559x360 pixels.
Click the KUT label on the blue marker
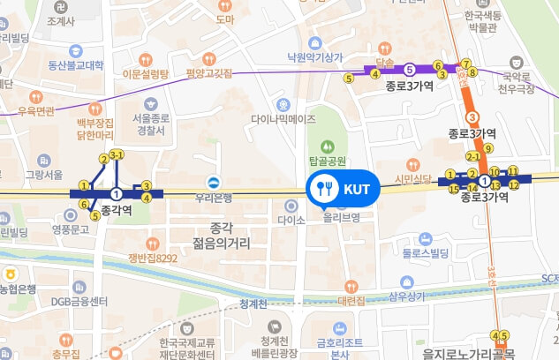(356, 189)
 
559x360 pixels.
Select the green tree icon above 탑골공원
(326, 146)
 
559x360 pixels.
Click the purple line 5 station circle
(409, 69)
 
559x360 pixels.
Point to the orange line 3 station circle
(472, 117)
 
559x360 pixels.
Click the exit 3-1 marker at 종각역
(117, 155)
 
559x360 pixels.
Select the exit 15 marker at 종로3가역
(454, 188)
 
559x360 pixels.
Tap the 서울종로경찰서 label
(150, 124)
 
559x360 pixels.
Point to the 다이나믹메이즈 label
(283, 117)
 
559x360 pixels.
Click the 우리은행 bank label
(214, 198)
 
